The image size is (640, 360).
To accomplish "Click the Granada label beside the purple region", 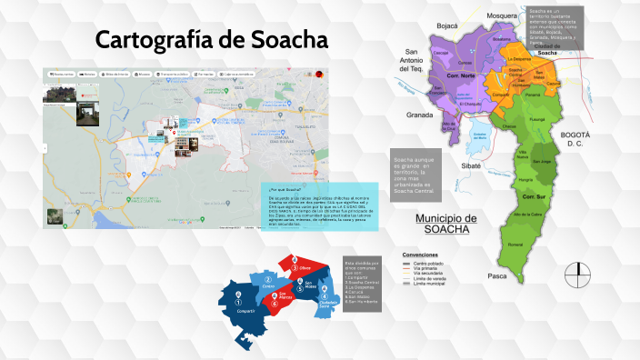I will pos(420,115).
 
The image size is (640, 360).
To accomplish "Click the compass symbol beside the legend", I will pos(577,272).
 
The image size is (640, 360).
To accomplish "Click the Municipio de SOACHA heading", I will pos(445,224).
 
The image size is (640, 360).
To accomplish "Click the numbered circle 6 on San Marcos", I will pos(275,305).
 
